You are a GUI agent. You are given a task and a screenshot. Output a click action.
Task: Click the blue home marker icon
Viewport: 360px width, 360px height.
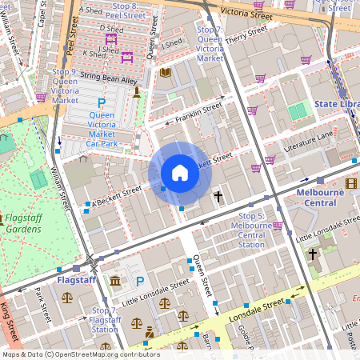(180, 173)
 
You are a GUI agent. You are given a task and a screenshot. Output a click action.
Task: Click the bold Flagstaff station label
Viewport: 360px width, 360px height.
(78, 281)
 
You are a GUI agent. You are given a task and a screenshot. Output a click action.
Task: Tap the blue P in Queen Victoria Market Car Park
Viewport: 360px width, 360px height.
(102, 103)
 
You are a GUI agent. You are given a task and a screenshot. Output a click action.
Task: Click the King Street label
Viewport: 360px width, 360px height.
(9, 323)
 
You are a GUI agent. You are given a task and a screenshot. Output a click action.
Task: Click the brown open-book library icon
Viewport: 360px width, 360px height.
(166, 73)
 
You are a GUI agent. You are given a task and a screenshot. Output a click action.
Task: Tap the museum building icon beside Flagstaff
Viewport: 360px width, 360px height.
(116, 281)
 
